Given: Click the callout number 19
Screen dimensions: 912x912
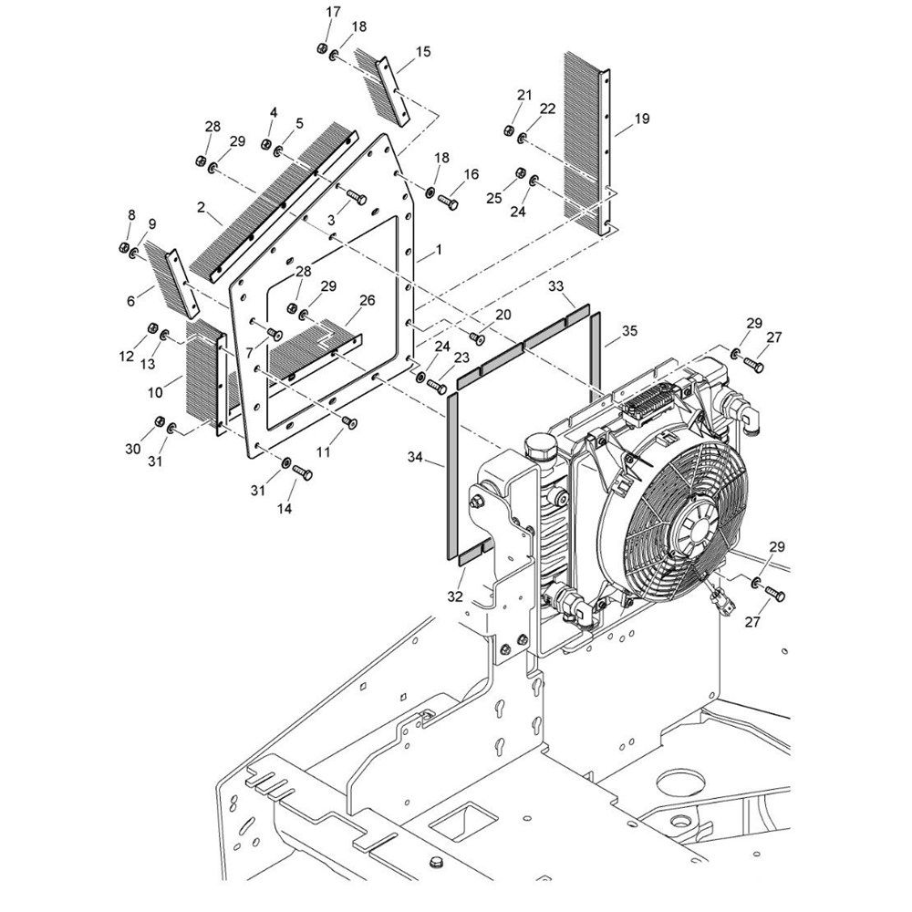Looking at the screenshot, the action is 641,119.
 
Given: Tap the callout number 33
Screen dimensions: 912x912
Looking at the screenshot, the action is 556,286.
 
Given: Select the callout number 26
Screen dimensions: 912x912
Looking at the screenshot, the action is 367,300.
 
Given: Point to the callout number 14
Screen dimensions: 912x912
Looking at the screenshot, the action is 285,508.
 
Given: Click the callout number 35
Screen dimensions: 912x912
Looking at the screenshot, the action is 629,331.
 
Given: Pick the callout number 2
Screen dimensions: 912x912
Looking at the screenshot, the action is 202,207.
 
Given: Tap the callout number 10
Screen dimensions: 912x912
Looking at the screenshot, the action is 155,392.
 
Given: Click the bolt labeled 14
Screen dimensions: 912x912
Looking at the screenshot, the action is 302,472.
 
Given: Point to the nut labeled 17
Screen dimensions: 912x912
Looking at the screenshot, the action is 322,48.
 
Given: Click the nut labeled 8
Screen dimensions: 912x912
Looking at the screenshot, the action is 123,247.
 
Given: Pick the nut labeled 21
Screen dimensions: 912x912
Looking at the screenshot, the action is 508,130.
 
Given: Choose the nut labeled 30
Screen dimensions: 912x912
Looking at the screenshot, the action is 160,421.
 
